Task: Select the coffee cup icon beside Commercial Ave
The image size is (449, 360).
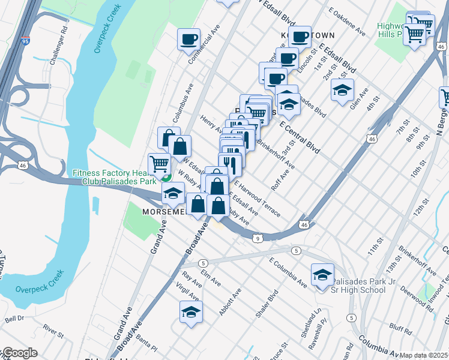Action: [189, 39]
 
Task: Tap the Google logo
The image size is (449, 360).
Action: [19, 353]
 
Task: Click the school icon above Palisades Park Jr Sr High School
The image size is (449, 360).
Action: [322, 274]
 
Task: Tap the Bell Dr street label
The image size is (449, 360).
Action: [14, 319]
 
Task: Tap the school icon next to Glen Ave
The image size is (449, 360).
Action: [342, 91]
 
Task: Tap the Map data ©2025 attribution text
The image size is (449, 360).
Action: [424, 355]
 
